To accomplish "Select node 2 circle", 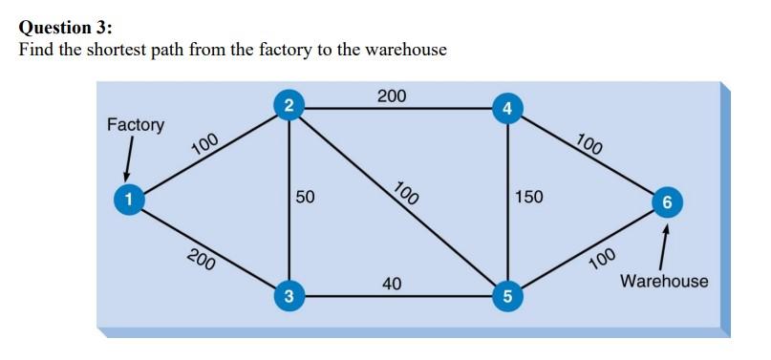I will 289,106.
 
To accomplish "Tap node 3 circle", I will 289,296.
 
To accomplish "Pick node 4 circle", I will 507,108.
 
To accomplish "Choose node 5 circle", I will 507,296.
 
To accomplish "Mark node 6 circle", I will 666,202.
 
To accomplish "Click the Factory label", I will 135,125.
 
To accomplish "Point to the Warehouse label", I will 664,281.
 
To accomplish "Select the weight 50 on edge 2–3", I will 305,198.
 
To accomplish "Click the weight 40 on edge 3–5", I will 392,283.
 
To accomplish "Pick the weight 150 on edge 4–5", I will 528,198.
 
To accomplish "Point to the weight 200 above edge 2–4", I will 391,95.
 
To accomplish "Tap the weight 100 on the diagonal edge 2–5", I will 406,193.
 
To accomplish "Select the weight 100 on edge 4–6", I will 590,146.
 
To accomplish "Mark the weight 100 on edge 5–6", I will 602,258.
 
